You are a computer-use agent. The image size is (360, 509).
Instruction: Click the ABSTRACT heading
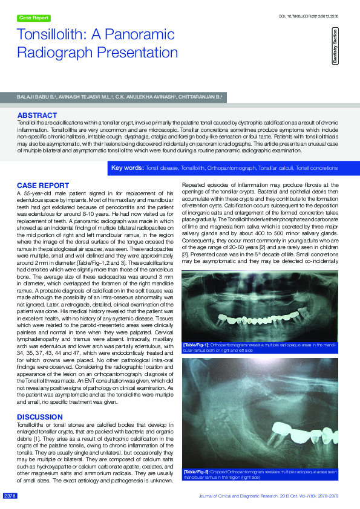[x=37, y=115]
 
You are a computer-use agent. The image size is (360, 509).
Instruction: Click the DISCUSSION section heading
[x=39, y=417]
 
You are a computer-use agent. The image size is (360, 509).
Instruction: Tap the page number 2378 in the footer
[x=10, y=496]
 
